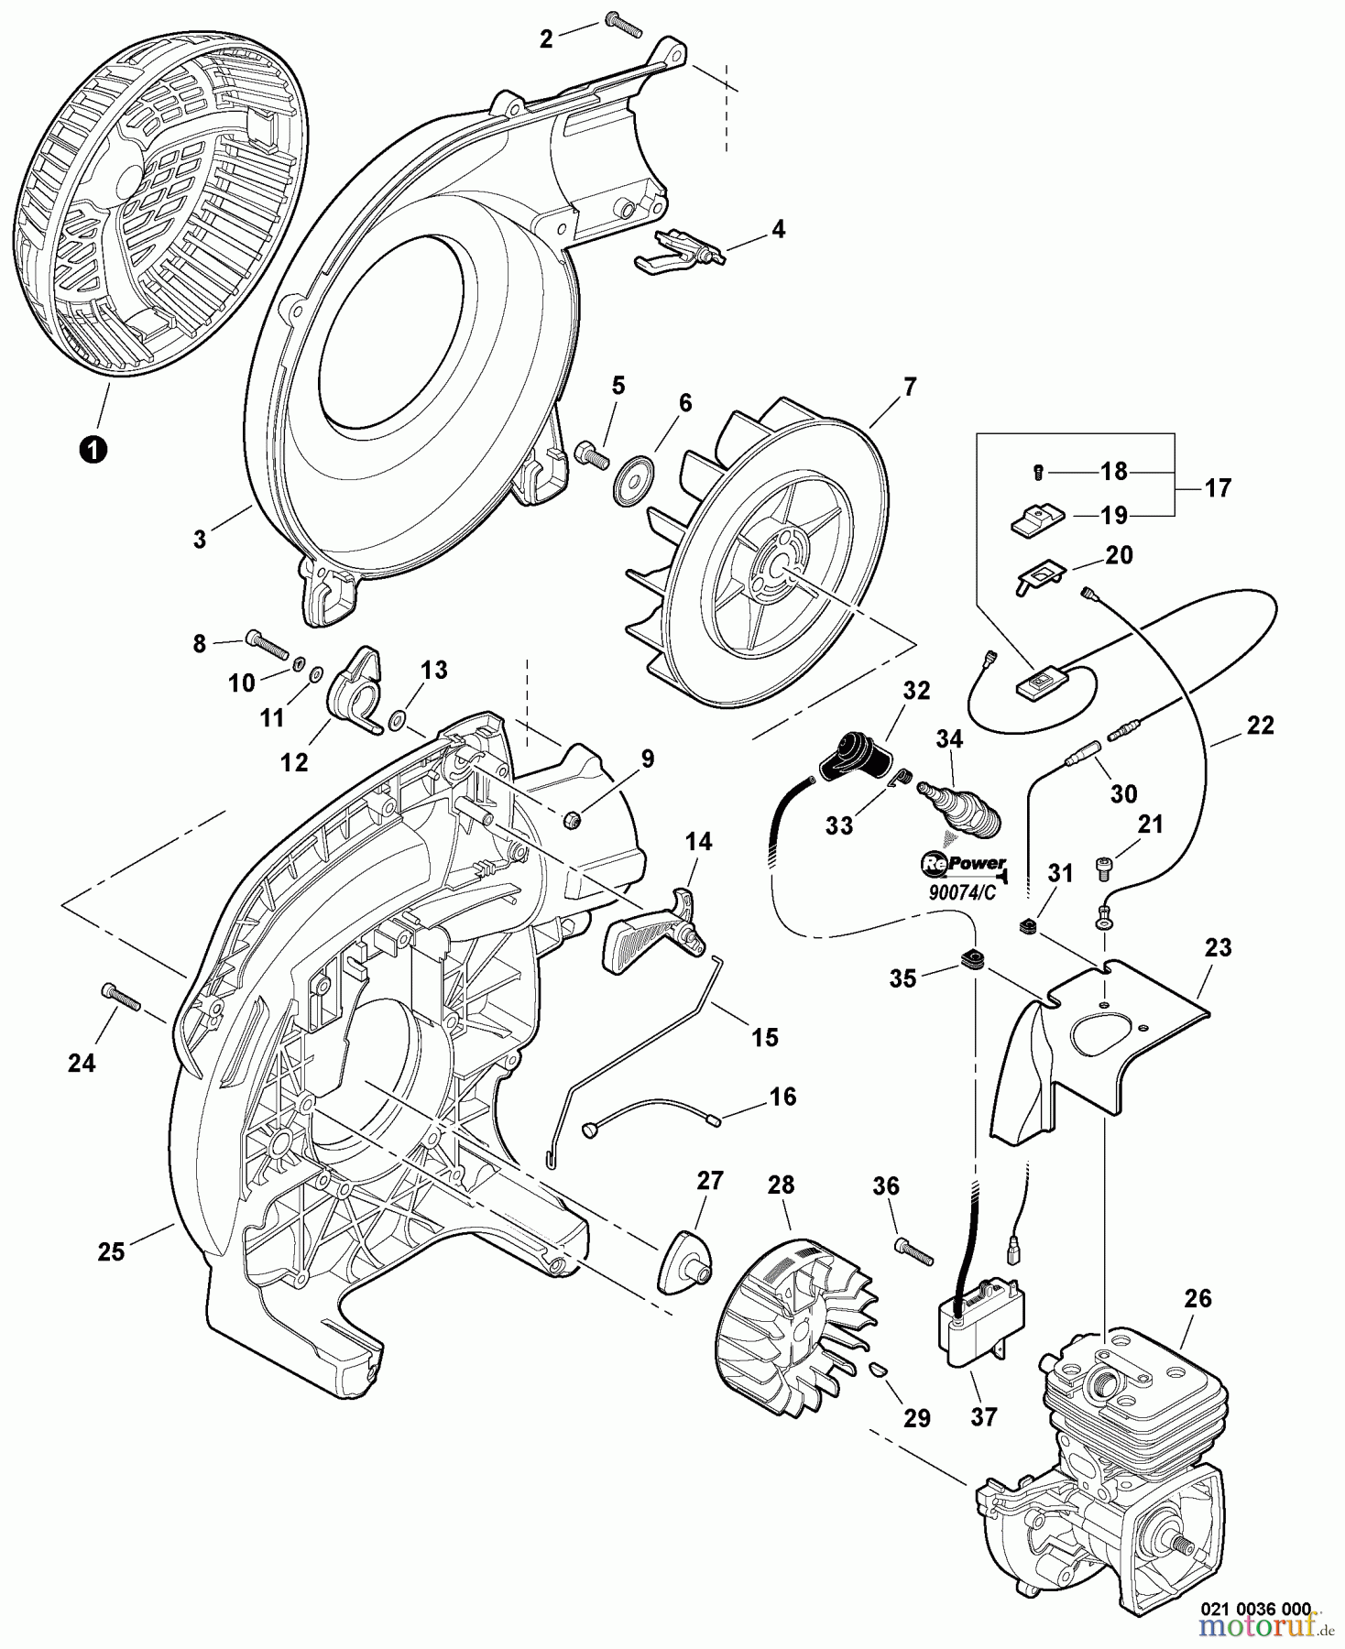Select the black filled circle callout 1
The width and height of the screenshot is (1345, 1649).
point(92,449)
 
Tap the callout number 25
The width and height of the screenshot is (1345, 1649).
point(111,1251)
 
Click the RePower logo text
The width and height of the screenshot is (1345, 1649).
point(961,864)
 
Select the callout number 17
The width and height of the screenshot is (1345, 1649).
point(1218,488)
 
